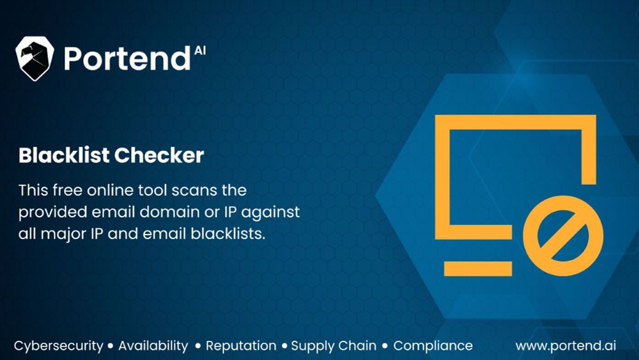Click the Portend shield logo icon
(x=35, y=58)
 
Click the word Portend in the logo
(x=127, y=59)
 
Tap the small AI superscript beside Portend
(x=199, y=51)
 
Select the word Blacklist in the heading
(x=64, y=155)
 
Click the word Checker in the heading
(x=159, y=155)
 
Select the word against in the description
(x=270, y=213)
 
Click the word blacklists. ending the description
(x=228, y=233)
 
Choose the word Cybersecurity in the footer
(x=58, y=346)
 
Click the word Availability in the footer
(x=153, y=346)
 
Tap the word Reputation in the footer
(x=241, y=346)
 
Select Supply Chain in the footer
(x=334, y=346)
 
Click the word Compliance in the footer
(x=433, y=346)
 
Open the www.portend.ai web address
(x=566, y=346)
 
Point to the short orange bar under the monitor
(x=477, y=269)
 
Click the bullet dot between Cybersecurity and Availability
(x=111, y=346)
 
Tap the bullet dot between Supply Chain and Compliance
(x=385, y=346)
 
